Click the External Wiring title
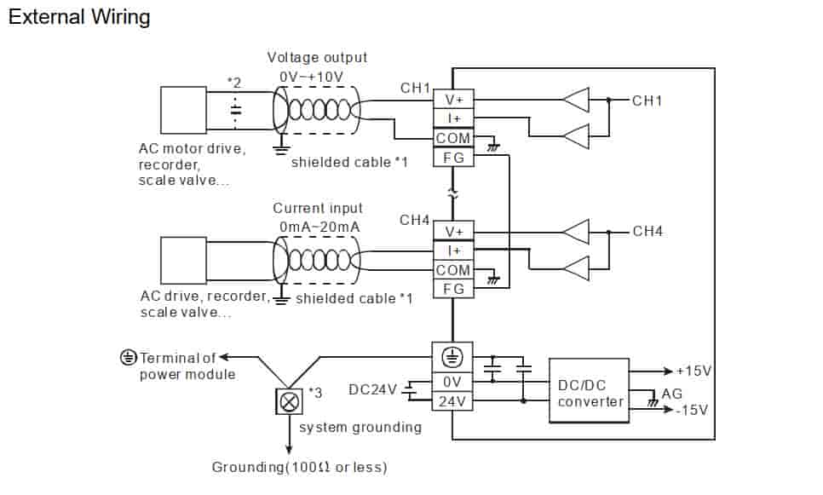pos(79,17)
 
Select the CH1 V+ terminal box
pos(452,99)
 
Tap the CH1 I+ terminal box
pos(452,118)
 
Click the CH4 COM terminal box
pos(452,270)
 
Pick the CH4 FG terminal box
pos(452,290)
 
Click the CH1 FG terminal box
pos(452,158)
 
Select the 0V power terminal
pos(452,381)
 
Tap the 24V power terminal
pos(452,400)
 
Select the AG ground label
pos(672,394)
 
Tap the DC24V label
pos(373,390)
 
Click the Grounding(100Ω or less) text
pos(299,467)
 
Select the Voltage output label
pos(317,58)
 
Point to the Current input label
pos(317,208)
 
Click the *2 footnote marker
pos(234,83)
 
